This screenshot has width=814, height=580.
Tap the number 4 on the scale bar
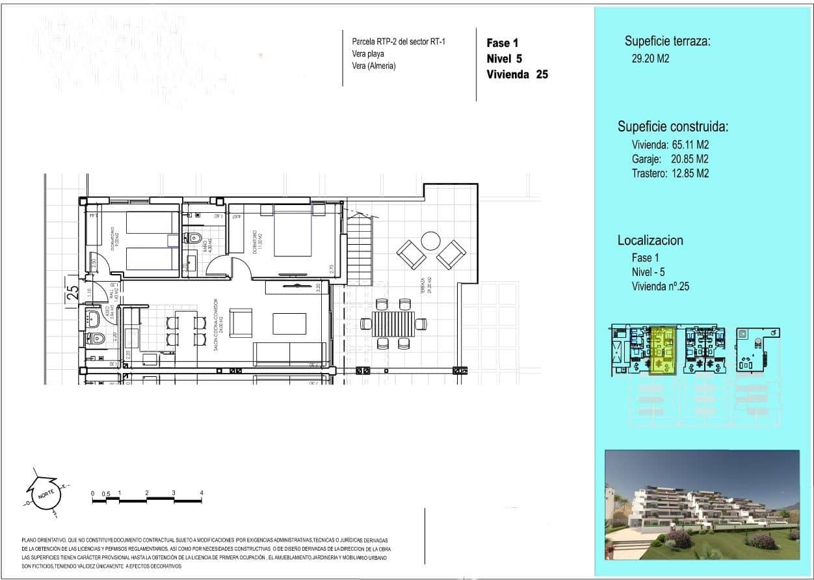[x=202, y=493]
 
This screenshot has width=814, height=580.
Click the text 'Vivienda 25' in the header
[x=517, y=74]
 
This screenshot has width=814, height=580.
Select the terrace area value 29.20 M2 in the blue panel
[x=646, y=59]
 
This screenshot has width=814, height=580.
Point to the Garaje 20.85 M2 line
[x=670, y=159]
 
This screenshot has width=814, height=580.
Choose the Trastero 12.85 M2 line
[x=670, y=173]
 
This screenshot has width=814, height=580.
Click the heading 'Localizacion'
[x=650, y=240]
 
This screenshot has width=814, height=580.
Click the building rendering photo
[x=702, y=504]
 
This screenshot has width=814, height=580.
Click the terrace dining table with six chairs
[x=393, y=324]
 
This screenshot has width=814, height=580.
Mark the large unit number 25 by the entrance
[x=72, y=294]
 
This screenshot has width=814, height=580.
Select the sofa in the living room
[x=289, y=353]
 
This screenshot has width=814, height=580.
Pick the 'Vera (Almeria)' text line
[x=373, y=66]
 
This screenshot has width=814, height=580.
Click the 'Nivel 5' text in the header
[x=505, y=59]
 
